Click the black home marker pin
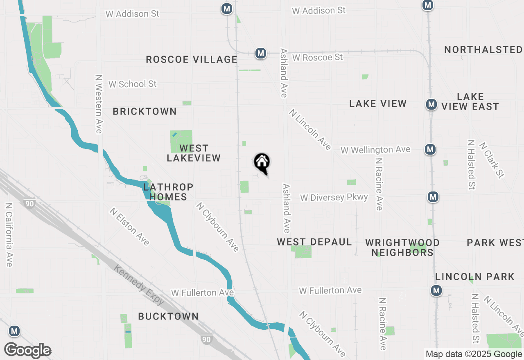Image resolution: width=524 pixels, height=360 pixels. [262, 163]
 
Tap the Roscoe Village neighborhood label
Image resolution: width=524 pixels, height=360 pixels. [192, 60]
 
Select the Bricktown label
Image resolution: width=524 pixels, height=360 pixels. [145, 111]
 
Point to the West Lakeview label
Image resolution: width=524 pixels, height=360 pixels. [194, 153]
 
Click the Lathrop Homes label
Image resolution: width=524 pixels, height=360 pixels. [168, 192]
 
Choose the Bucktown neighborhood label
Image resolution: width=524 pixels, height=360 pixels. [168, 316]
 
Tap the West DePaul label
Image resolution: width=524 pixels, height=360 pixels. [314, 242]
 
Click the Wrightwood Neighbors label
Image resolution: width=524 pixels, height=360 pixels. [402, 248]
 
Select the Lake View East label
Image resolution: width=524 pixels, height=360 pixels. [470, 101]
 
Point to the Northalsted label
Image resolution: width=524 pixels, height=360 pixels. [483, 50]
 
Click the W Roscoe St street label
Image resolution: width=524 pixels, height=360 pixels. [317, 57]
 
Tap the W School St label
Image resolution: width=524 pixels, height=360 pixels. [132, 84]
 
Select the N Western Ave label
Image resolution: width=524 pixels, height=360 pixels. [98, 104]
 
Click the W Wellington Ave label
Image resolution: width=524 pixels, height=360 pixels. [375, 150]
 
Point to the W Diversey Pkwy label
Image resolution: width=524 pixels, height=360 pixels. [334, 198]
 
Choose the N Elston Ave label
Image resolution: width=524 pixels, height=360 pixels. [129, 227]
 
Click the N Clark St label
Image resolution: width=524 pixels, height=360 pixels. [491, 160]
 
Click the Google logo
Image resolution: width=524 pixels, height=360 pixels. [27, 351]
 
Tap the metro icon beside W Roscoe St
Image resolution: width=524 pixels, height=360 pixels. [260, 53]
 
